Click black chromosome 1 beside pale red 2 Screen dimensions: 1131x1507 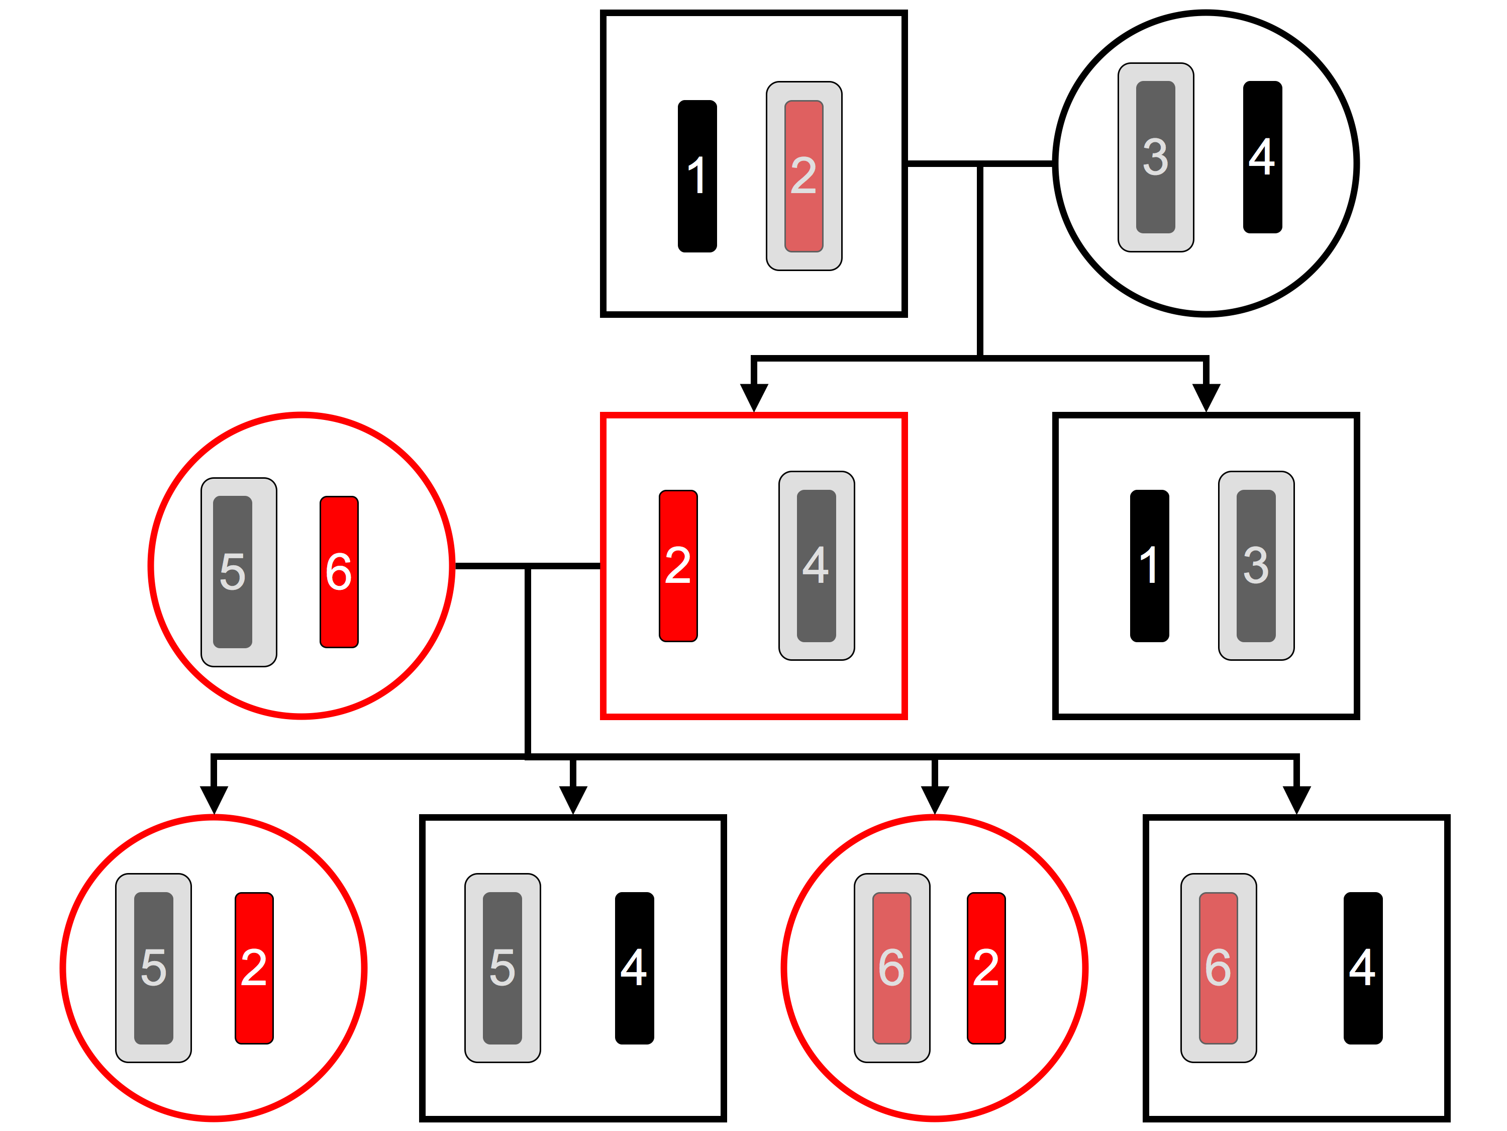[x=697, y=176]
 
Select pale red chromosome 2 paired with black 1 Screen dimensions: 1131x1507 [x=804, y=176]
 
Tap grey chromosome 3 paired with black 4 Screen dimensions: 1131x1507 [x=1155, y=157]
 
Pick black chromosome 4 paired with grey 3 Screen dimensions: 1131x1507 [x=1262, y=157]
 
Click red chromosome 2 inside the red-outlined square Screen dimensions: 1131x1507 [x=678, y=565]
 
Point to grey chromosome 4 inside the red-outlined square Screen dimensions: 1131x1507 [x=816, y=565]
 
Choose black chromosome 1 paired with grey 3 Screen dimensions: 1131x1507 [x=1149, y=565]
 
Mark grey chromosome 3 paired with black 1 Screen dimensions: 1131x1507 [x=1256, y=565]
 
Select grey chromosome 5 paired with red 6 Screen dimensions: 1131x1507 [x=232, y=571]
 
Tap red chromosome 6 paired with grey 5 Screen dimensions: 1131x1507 [x=339, y=571]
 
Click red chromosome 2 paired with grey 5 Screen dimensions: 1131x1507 [x=254, y=968]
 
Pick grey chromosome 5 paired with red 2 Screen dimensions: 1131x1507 [x=153, y=968]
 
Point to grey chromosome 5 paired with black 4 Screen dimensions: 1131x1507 [x=502, y=968]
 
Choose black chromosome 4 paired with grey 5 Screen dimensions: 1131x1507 [x=634, y=968]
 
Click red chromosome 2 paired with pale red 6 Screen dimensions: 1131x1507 [x=986, y=968]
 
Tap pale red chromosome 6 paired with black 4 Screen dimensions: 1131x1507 [x=1218, y=968]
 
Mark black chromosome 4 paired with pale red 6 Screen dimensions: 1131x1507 [x=1363, y=968]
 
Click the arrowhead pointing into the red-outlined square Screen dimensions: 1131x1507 [x=754, y=397]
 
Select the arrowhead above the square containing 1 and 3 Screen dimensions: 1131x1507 [x=1206, y=397]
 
